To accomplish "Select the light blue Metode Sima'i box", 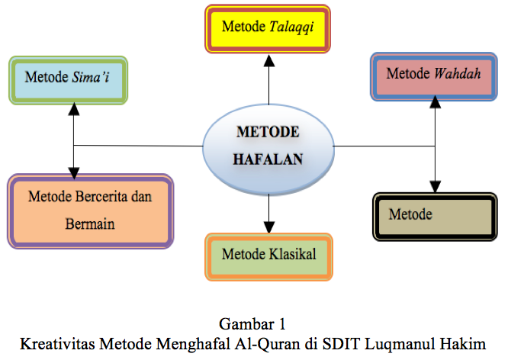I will click(68, 79).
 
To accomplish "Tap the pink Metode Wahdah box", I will click(432, 76).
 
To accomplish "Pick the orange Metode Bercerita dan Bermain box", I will click(90, 211).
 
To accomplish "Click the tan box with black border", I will click(434, 217).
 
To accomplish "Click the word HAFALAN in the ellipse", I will click(268, 159).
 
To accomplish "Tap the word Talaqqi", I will click(292, 27).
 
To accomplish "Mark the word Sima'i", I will click(90, 77).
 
